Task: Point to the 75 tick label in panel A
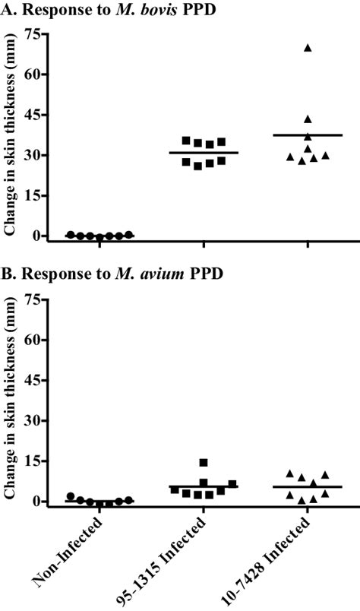(x=32, y=34)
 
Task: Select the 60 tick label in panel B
(x=32, y=340)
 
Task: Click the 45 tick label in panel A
(x=32, y=115)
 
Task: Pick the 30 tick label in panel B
(x=32, y=420)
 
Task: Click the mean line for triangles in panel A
(x=308, y=135)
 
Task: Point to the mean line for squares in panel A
(x=203, y=153)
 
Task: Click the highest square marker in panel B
(x=203, y=462)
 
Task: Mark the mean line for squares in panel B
(x=203, y=486)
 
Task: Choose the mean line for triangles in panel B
(x=308, y=486)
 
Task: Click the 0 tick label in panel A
(x=36, y=236)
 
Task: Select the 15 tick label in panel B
(x=32, y=461)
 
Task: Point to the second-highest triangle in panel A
(x=308, y=119)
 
